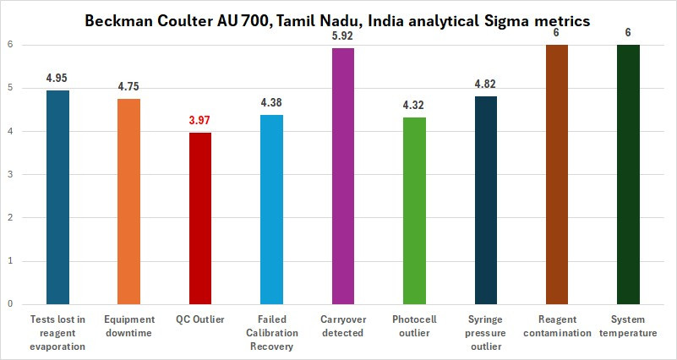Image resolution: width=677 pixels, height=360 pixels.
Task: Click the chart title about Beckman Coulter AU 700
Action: [338, 20]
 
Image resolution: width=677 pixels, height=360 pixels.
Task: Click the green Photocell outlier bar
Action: [414, 210]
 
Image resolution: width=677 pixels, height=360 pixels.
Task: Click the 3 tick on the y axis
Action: [10, 174]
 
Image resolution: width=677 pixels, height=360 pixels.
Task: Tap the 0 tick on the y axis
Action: [10, 303]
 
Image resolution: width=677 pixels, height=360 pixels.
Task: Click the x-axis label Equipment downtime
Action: [129, 326]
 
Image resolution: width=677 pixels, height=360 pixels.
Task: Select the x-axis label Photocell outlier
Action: [414, 326]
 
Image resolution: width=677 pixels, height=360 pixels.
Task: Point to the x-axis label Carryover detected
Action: [343, 326]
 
